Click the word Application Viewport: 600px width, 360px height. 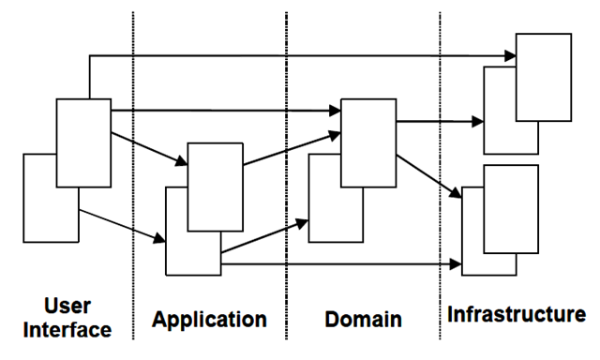click(210, 319)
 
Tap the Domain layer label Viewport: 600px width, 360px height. click(363, 319)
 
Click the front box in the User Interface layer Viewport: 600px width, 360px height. click(83, 141)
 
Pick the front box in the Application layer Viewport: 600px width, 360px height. click(215, 187)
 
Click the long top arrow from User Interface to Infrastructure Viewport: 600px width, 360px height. click(300, 57)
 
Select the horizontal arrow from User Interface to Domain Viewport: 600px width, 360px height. click(225, 112)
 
